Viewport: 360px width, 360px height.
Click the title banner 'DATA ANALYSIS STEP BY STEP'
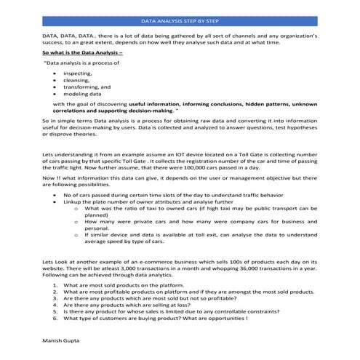tap(180, 23)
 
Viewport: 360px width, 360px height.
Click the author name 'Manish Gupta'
tap(61, 340)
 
